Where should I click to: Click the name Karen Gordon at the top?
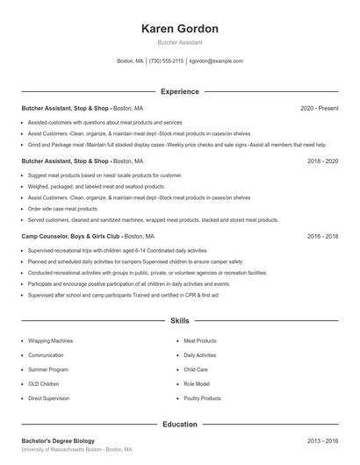pyautogui.click(x=179, y=28)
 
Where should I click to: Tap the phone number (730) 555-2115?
pyautogui.click(x=166, y=61)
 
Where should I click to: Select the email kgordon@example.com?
pyautogui.click(x=216, y=61)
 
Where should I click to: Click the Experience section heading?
pyautogui.click(x=179, y=91)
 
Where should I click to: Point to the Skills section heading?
pyautogui.click(x=179, y=322)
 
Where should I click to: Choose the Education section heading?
pyautogui.click(x=179, y=424)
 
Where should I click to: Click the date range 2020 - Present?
pyautogui.click(x=319, y=108)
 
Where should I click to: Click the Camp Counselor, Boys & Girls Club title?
pyautogui.click(x=70, y=237)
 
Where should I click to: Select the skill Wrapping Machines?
pyautogui.click(x=51, y=340)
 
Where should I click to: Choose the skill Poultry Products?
pyautogui.click(x=202, y=398)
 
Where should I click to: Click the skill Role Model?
pyautogui.click(x=197, y=383)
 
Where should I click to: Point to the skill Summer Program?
pyautogui.click(x=47, y=369)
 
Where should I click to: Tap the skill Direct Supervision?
pyautogui.click(x=49, y=398)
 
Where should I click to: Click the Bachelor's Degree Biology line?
pyautogui.click(x=58, y=440)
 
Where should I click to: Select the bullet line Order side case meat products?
pyautogui.click(x=63, y=209)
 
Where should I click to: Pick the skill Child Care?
pyautogui.click(x=196, y=369)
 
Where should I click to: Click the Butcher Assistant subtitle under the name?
pyautogui.click(x=179, y=42)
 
